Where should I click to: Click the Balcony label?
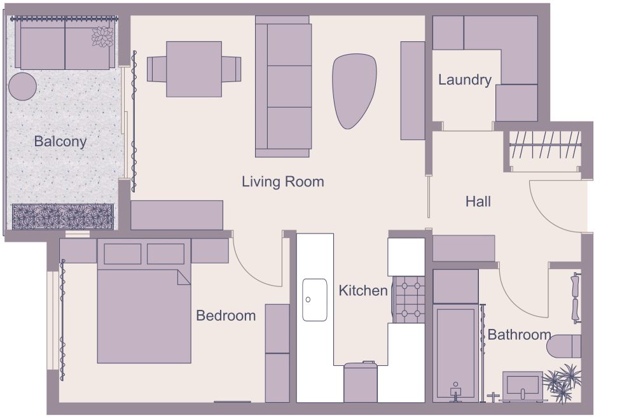[x=60, y=141]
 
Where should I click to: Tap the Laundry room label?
[x=464, y=80]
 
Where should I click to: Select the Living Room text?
[x=282, y=182]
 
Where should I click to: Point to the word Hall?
[x=478, y=202]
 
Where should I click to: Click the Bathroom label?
[x=519, y=335]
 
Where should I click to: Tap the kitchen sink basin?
[x=314, y=299]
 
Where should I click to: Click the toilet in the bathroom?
[x=564, y=346]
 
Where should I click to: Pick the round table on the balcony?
[x=22, y=86]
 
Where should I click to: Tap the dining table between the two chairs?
[x=194, y=69]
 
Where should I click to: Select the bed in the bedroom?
[x=144, y=305]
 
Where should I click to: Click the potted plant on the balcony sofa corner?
[x=102, y=37]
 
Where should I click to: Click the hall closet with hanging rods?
[x=545, y=148]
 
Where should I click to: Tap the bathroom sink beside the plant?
[x=523, y=386]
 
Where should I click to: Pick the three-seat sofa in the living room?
[x=283, y=86]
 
